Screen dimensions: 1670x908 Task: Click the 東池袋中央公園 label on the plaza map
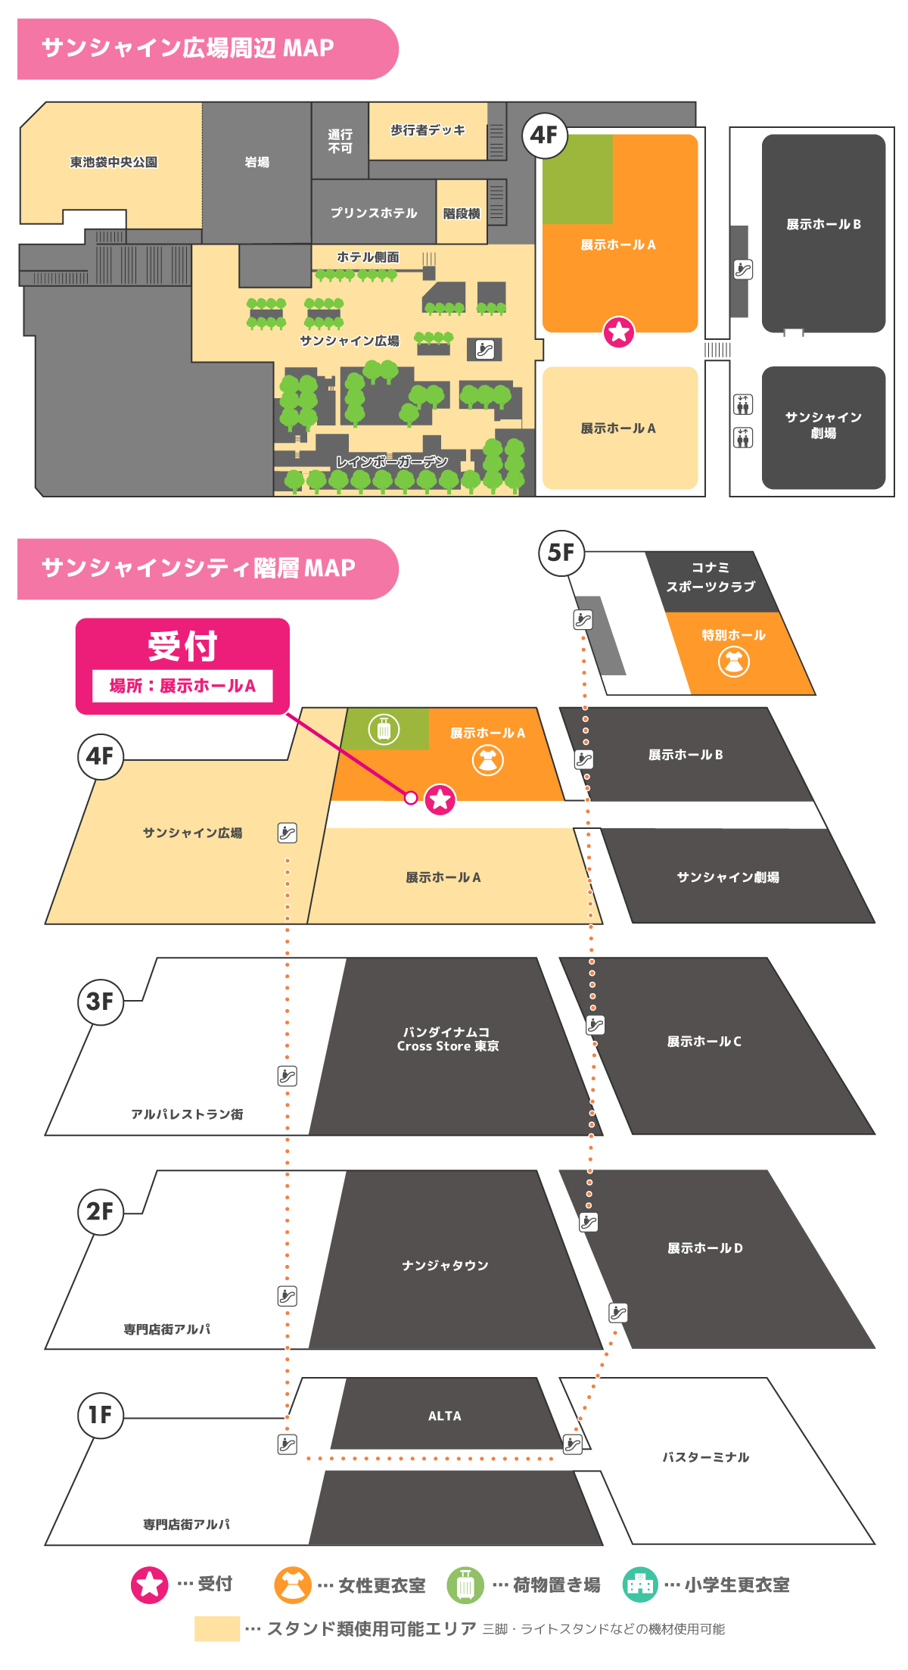(113, 162)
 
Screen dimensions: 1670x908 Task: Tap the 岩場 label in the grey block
(257, 162)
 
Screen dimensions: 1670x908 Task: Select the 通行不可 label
(340, 141)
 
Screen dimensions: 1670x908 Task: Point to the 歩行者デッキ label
(428, 130)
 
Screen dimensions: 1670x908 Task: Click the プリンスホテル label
(374, 213)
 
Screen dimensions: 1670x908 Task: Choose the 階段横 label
(462, 213)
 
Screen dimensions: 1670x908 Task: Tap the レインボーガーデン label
(392, 462)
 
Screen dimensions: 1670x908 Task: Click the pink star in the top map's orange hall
(619, 332)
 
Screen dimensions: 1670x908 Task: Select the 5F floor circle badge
(561, 553)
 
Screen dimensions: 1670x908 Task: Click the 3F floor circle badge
(100, 1002)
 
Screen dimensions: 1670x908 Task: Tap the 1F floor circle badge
(100, 1415)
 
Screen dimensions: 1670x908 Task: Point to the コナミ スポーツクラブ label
(711, 577)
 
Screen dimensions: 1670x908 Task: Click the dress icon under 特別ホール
(733, 662)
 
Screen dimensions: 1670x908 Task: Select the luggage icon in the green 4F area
(384, 729)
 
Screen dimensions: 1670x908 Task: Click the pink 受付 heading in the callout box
(182, 646)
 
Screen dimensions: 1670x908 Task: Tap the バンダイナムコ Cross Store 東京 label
(448, 1039)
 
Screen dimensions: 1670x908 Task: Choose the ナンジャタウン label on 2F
(445, 1265)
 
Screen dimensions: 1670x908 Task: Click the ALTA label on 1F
(444, 1416)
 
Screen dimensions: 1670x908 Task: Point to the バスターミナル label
(705, 1457)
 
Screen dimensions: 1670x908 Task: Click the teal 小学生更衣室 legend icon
(640, 1584)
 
